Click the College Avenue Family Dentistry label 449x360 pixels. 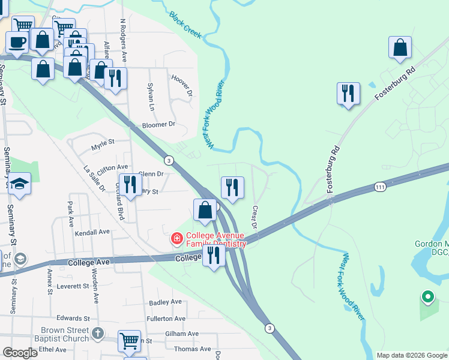(215, 239)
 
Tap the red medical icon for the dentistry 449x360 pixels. (177, 239)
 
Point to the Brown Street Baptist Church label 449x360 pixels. (65, 334)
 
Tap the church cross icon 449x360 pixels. (98, 333)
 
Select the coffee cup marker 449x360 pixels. (17, 42)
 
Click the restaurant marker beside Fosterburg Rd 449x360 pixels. (348, 93)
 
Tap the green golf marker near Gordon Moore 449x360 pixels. (427, 296)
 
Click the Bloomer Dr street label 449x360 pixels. (158, 125)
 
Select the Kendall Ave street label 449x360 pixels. (92, 232)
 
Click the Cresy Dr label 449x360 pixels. (255, 217)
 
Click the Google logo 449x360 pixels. (20, 353)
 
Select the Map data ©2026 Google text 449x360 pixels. (412, 355)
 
